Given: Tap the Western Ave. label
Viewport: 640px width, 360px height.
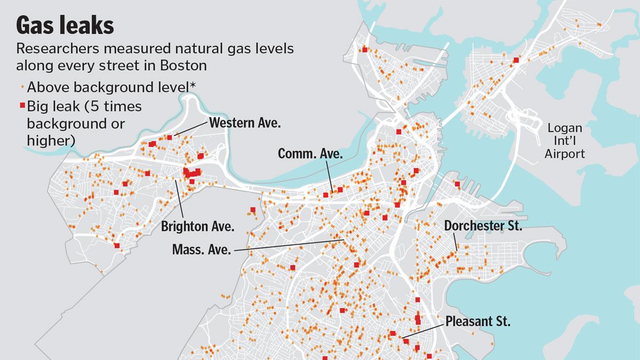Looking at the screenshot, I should pyautogui.click(x=245, y=123).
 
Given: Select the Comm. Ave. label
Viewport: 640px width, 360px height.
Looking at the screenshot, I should pyautogui.click(x=310, y=154).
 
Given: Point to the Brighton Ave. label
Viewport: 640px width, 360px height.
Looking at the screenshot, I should pyautogui.click(x=198, y=226).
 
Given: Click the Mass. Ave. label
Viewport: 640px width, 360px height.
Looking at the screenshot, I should pyautogui.click(x=202, y=249).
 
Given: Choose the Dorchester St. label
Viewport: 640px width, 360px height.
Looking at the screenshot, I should pyautogui.click(x=483, y=226).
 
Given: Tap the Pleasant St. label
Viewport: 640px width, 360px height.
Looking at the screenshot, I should pyautogui.click(x=478, y=322).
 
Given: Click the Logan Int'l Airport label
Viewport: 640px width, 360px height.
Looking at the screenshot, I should pyautogui.click(x=565, y=141).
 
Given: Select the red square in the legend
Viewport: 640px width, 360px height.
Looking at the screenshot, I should pyautogui.click(x=22, y=106).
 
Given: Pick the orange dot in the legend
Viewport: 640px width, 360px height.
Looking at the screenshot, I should pyautogui.click(x=22, y=87).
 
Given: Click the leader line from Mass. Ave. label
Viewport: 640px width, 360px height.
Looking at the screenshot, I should pyautogui.click(x=288, y=245).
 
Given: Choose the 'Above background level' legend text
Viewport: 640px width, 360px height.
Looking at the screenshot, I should pyautogui.click(x=104, y=87).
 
